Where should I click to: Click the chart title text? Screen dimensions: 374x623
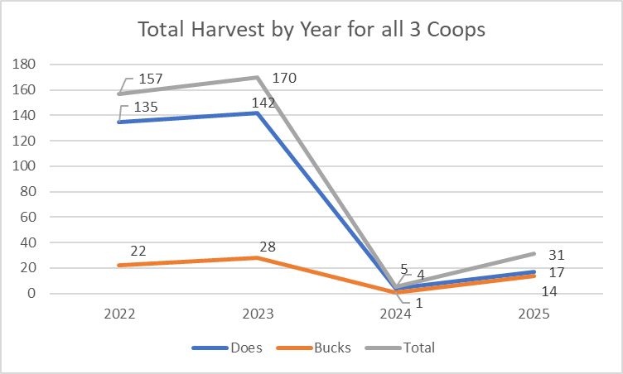pos(311,30)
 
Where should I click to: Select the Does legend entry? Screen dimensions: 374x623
pos(246,348)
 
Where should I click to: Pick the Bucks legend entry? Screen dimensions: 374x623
pos(331,348)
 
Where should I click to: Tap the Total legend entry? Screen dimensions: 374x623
pos(418,348)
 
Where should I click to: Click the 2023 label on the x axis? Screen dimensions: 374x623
pos(258,314)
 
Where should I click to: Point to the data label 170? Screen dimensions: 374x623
pos(283,79)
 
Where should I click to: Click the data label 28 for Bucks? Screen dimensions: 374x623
pos(266,247)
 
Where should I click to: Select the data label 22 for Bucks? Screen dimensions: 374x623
pos(138,251)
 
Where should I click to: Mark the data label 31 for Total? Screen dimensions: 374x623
pos(556,255)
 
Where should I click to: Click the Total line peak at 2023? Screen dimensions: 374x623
pos(258,77)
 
